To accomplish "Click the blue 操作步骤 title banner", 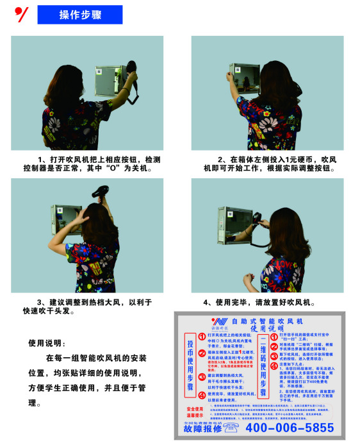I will (80, 15).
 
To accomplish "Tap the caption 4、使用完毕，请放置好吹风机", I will (259, 302).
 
